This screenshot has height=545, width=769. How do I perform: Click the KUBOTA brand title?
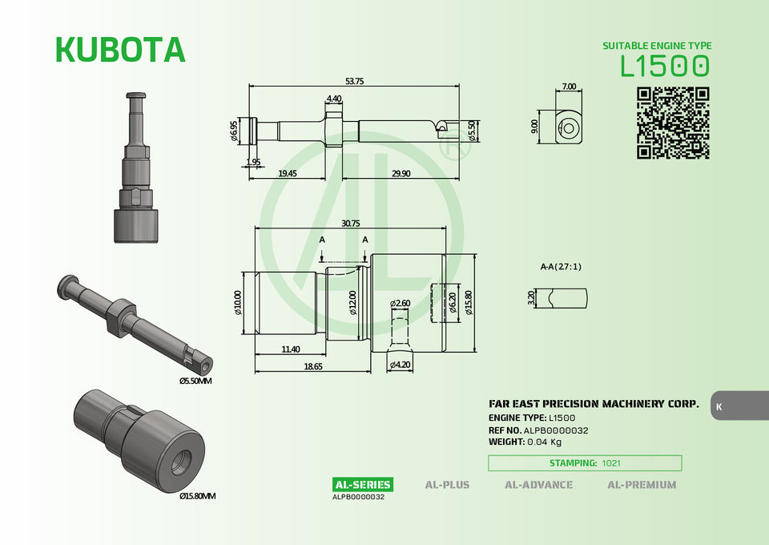pos(121,49)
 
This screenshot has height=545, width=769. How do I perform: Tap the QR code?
pos(673,123)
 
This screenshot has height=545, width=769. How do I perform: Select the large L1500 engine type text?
pos(665,67)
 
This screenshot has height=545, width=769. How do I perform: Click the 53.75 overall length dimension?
pos(354,81)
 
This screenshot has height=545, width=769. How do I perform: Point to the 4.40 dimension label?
pos(334,99)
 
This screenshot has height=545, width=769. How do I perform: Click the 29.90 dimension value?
pos(401,173)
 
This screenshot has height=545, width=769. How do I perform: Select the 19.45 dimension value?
pos(287,173)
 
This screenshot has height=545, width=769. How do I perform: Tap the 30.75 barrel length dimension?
pos(351,223)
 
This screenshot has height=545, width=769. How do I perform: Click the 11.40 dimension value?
pos(290,349)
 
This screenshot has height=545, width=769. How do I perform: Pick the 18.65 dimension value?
pos(313,366)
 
